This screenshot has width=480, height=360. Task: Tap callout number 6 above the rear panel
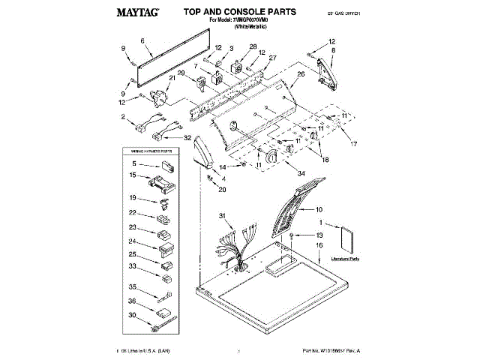142,40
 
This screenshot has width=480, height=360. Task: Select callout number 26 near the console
301,73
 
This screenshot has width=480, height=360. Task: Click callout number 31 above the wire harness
221,216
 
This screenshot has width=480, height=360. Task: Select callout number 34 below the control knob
301,174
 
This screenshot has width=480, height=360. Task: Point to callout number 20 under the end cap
222,189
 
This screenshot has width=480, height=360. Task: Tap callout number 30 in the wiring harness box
133,315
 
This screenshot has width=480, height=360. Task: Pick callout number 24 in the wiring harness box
133,241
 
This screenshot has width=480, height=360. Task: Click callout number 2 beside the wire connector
122,117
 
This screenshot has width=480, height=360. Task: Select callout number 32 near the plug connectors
187,137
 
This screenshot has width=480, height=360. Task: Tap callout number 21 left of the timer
172,78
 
